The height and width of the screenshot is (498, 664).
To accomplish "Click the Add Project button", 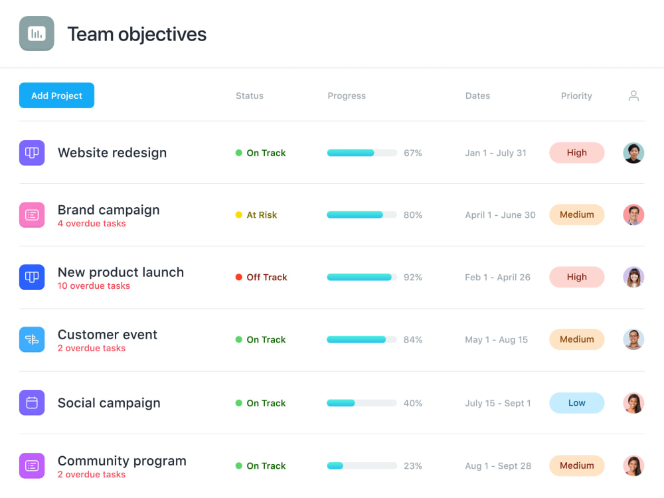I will [x=56, y=96].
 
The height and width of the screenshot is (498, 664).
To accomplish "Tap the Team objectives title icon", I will [x=37, y=34].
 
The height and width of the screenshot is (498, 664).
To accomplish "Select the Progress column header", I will [x=347, y=96].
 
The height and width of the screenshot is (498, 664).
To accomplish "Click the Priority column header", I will [x=576, y=96].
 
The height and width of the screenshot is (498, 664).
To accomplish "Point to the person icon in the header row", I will [x=633, y=96].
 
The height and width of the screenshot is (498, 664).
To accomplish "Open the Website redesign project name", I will [x=112, y=153].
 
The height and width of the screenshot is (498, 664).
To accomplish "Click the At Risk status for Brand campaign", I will [x=261, y=215].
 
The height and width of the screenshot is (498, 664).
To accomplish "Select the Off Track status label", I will [x=266, y=278].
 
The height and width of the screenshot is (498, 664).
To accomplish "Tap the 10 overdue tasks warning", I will [x=94, y=286].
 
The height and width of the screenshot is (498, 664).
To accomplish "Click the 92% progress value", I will [x=413, y=278].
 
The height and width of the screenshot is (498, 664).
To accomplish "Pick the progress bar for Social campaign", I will [x=361, y=403].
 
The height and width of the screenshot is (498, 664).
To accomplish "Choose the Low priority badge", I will [x=576, y=403].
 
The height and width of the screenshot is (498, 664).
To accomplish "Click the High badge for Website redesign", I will [x=576, y=153].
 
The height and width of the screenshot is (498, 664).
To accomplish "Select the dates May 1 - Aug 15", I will [x=496, y=340].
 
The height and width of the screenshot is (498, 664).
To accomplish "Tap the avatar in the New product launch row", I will [x=633, y=278].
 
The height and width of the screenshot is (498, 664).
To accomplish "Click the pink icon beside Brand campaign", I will [x=32, y=215].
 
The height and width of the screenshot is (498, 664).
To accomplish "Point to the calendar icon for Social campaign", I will [x=32, y=403].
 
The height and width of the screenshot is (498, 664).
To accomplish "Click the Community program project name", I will [x=122, y=461].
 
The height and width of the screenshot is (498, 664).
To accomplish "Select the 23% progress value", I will [x=413, y=466].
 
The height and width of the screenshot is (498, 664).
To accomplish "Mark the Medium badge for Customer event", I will [x=576, y=340].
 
